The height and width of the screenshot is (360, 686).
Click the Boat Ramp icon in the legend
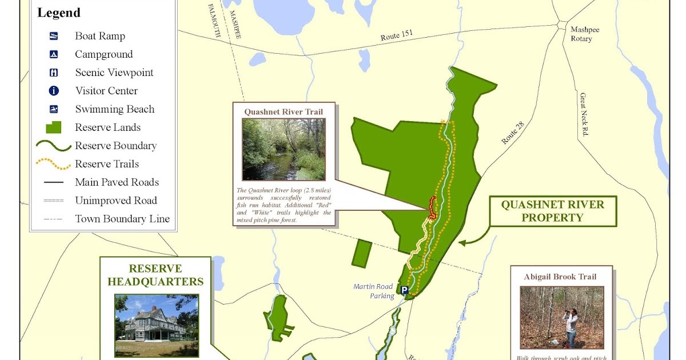click(54, 36)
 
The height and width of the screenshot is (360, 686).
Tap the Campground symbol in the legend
click(54, 54)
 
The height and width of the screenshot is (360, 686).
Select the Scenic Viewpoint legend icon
click(54, 73)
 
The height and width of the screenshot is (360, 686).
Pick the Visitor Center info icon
click(54, 91)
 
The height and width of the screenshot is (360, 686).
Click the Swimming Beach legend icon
click(54, 109)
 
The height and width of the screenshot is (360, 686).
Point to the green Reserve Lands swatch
click(53, 127)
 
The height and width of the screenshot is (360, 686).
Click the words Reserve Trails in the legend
click(107, 164)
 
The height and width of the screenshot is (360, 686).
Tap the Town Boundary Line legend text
click(122, 219)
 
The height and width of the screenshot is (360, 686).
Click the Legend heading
click(59, 13)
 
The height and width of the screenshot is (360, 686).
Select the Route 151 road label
click(397, 36)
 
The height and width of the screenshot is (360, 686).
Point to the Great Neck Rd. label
click(584, 114)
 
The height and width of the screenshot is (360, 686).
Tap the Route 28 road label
click(513, 133)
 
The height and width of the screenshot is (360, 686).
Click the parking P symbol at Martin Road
click(404, 290)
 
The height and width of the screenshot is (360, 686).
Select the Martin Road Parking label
click(374, 291)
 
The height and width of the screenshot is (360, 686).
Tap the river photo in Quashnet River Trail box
click(284, 149)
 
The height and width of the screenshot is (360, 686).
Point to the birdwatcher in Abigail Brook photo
click(571, 326)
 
